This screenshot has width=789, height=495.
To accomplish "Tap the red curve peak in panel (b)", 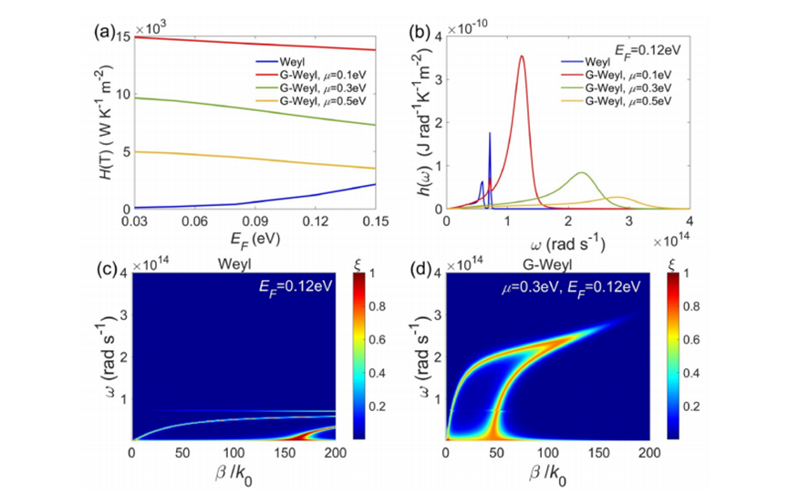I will (x=522, y=57).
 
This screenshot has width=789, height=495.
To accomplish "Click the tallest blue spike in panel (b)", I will (x=490, y=133).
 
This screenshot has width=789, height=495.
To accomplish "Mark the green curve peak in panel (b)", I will (x=582, y=172).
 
